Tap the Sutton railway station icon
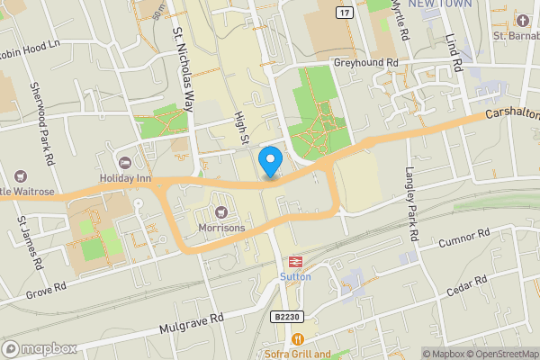[293, 261]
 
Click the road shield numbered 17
[344, 12]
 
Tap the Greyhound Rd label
[365, 63]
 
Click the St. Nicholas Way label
[184, 68]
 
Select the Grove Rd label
[47, 290]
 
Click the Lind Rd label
[453, 54]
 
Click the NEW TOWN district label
[439, 4]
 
